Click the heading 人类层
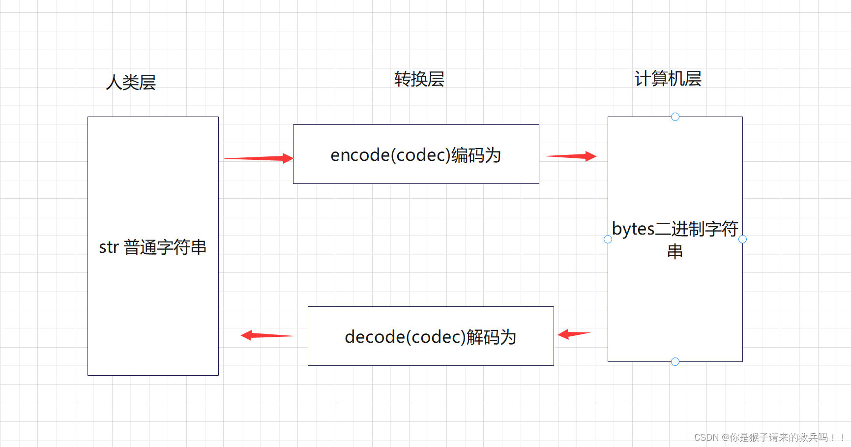point(131,82)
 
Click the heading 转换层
point(419,79)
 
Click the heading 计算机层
point(668,79)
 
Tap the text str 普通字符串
point(152,247)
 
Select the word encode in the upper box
point(360,155)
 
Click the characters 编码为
point(476,155)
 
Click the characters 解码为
point(491,337)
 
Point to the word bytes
point(633,229)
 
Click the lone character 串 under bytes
point(675,252)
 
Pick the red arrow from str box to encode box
point(259,158)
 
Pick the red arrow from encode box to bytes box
point(571,156)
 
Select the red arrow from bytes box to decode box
point(574,334)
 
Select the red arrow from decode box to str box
point(266,335)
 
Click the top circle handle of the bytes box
point(675,117)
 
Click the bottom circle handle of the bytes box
point(675,361)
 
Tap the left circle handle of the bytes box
point(608,239)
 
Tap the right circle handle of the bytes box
point(742,239)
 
